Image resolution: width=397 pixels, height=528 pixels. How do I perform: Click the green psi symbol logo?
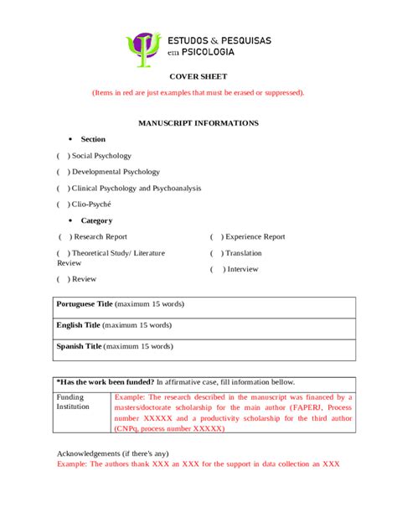pos(143,49)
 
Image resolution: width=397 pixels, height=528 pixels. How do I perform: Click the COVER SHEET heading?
pos(198,76)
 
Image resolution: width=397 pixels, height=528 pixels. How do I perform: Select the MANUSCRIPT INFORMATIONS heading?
pos(198,123)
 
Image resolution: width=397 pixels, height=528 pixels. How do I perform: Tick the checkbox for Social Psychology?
pos(62,156)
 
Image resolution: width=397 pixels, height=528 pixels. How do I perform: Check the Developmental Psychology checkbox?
pos(62,172)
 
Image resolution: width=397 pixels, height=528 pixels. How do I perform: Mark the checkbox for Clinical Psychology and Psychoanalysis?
pos(62,189)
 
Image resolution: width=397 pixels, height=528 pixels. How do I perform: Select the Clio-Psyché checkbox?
pos(62,204)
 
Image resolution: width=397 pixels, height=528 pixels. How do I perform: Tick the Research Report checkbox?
pos(64,237)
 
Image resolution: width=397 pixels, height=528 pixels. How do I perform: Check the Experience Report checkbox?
pos(216,237)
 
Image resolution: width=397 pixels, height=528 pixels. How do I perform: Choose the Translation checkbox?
pos(216,253)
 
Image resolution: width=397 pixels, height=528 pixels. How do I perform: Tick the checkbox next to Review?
pos(63,279)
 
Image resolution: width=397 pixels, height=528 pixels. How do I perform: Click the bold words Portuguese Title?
pos(84,304)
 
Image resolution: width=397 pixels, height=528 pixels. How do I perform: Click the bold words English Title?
pos(78,325)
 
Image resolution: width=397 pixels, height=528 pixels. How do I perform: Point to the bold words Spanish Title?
pos(79,346)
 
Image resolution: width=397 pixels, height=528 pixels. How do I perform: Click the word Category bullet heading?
pos(96,221)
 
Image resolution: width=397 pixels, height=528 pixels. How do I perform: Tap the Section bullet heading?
pos(93,139)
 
